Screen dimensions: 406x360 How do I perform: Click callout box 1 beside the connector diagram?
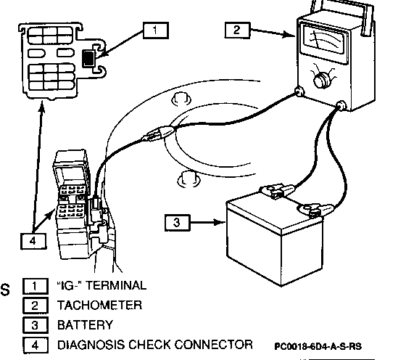tap(156, 30)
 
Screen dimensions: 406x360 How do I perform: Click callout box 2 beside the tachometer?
tap(237, 30)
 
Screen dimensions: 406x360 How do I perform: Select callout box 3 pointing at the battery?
tap(178, 223)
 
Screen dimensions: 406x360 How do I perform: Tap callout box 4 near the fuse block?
tap(33, 241)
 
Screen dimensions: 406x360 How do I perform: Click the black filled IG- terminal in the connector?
tap(88, 59)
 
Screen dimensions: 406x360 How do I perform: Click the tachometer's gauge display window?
tap(323, 39)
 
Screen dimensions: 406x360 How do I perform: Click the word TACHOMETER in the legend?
tap(99, 306)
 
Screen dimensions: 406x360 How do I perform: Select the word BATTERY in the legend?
tap(85, 325)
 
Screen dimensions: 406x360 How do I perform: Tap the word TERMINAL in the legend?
tap(116, 285)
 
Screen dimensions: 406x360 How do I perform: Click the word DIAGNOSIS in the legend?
tap(91, 345)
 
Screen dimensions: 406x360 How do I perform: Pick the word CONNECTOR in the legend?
tap(213, 345)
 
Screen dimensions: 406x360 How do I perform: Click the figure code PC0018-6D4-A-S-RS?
tap(318, 346)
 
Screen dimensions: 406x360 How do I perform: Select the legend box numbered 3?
tap(36, 325)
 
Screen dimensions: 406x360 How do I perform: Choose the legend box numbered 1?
tap(36, 286)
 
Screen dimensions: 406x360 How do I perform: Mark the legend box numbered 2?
tap(36, 306)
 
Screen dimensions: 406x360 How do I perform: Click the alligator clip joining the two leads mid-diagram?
tap(159, 133)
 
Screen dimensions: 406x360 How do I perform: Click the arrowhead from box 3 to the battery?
tap(220, 222)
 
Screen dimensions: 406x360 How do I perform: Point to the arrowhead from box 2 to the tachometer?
tap(289, 34)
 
